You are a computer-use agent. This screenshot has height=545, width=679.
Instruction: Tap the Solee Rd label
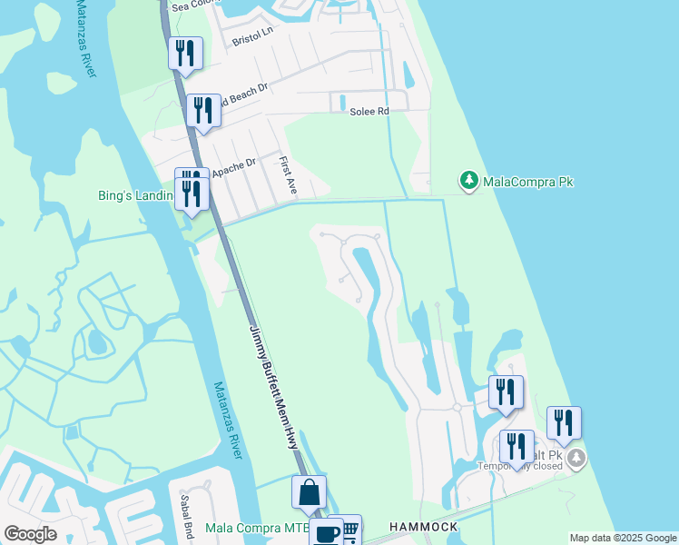(x=369, y=112)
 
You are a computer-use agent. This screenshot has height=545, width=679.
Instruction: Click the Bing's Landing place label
(x=135, y=194)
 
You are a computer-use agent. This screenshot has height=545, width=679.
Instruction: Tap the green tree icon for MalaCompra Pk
(x=468, y=182)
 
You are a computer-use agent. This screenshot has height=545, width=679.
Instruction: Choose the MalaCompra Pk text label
(x=528, y=182)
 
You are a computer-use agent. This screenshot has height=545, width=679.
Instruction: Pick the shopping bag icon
(x=309, y=492)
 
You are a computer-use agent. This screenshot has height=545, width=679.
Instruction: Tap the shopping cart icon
(x=349, y=529)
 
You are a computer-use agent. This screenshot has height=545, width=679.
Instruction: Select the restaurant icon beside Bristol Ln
(x=185, y=54)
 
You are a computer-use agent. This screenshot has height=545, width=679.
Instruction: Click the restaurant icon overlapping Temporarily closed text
(x=517, y=447)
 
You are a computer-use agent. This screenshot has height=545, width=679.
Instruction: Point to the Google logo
(x=30, y=534)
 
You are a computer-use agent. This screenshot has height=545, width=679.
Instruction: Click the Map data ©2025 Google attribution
(x=622, y=538)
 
